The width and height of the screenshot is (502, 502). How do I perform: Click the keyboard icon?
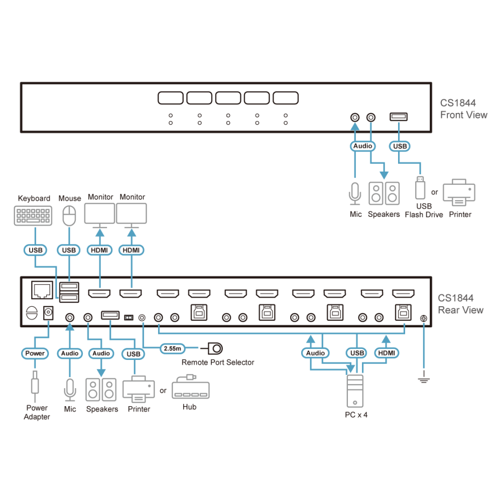[33, 215]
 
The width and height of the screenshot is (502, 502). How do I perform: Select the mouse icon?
[69, 216]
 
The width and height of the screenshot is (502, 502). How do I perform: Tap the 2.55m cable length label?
[173, 348]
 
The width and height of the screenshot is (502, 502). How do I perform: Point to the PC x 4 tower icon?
[355, 391]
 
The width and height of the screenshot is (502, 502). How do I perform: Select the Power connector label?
[35, 353]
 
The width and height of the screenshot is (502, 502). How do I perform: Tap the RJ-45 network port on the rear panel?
[42, 290]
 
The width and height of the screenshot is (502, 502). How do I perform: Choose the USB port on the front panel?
[399, 117]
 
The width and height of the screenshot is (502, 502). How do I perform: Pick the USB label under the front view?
[400, 146]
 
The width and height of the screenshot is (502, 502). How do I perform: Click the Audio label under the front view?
[363, 146]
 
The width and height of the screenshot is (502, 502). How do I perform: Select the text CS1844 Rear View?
[460, 304]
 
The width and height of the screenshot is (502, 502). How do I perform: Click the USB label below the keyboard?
[36, 250]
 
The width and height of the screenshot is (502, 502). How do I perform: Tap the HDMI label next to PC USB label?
[387, 353]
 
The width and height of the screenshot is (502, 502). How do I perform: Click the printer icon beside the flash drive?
[459, 192]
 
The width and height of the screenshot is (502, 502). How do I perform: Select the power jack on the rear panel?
[48, 313]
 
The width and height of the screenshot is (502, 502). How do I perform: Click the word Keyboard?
[34, 198]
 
